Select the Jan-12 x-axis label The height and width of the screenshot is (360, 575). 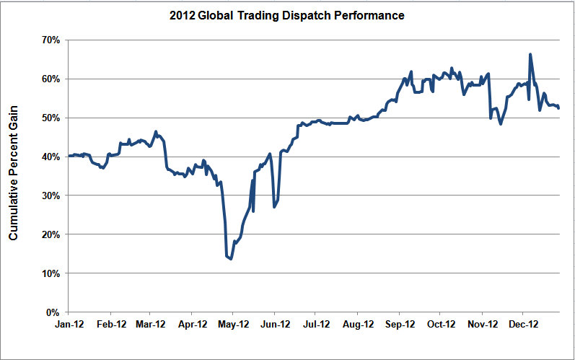(x=68, y=325)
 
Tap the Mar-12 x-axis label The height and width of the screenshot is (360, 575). (x=150, y=325)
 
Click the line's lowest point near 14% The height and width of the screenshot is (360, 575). (x=230, y=258)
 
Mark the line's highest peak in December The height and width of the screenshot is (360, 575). (x=530, y=54)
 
